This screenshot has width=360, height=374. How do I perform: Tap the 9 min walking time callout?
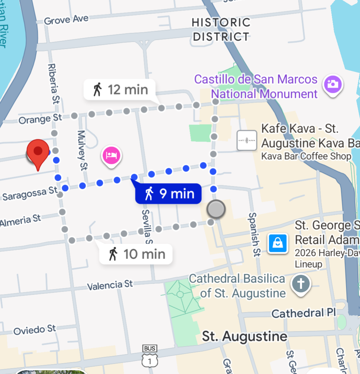tap(168, 193)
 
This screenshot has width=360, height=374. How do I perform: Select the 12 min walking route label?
tap(120, 89)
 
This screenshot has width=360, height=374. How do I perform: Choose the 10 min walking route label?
tap(136, 254)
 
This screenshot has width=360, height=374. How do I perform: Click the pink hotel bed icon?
tap(112, 155)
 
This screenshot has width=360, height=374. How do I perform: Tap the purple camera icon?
tap(333, 83)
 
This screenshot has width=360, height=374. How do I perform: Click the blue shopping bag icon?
tap(278, 243)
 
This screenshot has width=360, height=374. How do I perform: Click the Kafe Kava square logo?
tap(247, 141)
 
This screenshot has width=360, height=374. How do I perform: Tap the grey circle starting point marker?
tap(216, 209)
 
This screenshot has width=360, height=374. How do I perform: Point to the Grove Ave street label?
tap(66, 20)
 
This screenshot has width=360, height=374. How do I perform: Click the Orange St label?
tap(40, 119)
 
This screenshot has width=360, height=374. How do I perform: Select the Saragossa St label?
tap(30, 194)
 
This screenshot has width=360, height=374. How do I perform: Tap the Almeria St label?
tap(21, 221)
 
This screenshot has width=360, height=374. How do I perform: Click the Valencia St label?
tap(110, 285)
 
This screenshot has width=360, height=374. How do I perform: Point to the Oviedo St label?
tap(34, 330)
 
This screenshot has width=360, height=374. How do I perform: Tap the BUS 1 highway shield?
tap(149, 356)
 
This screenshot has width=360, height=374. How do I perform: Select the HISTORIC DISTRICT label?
tap(221, 29)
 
